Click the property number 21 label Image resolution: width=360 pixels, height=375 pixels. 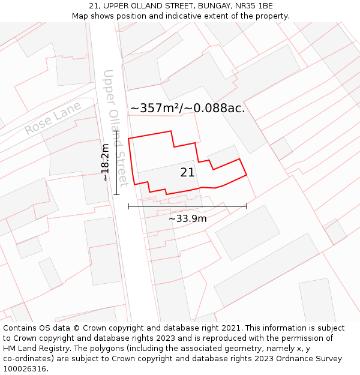187,173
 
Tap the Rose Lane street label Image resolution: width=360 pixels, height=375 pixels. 53,119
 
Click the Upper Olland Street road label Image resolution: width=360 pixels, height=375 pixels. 115,127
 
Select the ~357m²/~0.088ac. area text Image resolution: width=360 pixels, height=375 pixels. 187,109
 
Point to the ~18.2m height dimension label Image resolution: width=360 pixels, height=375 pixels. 106,162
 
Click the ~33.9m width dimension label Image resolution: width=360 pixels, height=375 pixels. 187,218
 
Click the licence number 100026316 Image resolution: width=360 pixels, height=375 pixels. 25,369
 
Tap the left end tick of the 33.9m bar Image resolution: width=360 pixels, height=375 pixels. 128,206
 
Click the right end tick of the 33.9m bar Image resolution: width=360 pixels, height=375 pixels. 246,206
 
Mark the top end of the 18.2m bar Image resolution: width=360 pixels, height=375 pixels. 116,131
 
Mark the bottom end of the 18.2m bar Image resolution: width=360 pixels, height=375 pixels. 116,194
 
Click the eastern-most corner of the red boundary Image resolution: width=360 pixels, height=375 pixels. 247,175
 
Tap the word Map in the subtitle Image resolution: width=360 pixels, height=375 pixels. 80,16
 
